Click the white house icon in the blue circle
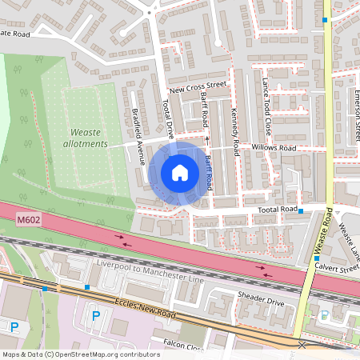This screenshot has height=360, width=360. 180,173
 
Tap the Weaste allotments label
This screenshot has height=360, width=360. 88,138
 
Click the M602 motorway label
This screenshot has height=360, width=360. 27,217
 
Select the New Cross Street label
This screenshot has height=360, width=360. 198,86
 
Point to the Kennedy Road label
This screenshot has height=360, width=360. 235,132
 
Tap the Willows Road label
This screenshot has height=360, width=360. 273,149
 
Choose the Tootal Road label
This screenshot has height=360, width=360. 276,210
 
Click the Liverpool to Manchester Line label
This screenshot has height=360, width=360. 150,271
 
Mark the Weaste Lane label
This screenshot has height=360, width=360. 349,238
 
